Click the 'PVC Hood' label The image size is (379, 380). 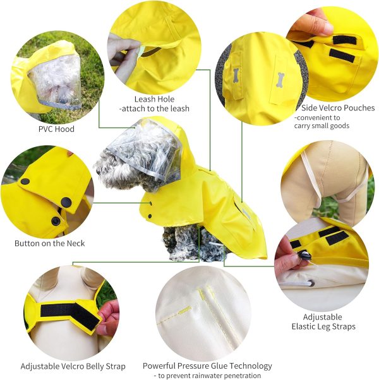[x=56, y=129]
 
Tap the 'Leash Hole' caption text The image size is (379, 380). [x=154, y=100]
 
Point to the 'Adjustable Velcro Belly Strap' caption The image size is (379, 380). [x=73, y=366]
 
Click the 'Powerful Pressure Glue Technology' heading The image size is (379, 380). [x=207, y=366]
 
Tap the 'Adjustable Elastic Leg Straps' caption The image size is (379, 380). [x=323, y=322]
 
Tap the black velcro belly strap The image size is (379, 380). [x=68, y=311]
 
